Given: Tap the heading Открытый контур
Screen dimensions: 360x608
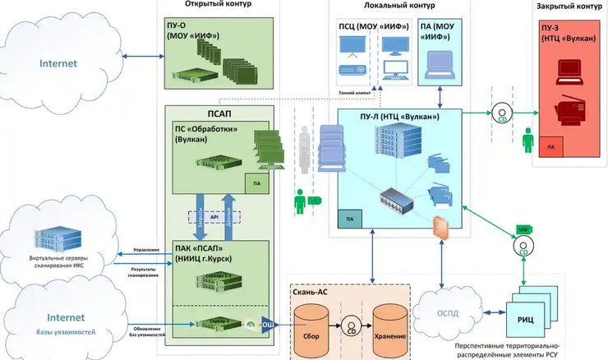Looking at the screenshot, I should tap(218, 5).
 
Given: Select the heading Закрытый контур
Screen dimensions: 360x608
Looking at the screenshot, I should tap(566, 6).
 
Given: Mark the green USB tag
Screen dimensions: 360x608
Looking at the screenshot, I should tap(522, 229).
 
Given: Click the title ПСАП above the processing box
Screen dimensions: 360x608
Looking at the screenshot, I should tap(218, 112).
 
